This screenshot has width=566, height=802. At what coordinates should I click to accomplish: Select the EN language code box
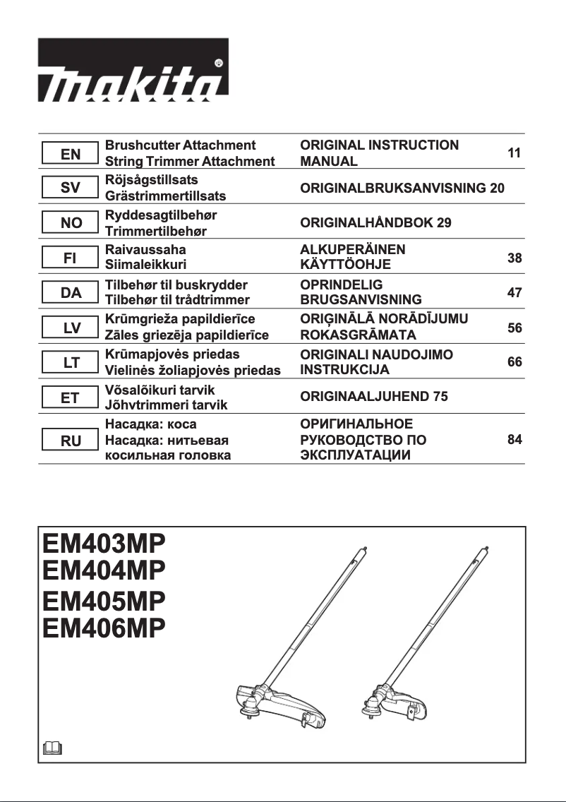pos(70,153)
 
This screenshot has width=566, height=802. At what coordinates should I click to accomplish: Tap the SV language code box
pos(70,188)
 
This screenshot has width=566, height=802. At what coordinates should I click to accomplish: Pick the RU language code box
pos(70,441)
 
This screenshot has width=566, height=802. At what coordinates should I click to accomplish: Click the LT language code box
pos(70,363)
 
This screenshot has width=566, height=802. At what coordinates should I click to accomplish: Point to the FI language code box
pos(70,258)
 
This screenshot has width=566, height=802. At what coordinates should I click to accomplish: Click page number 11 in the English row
pos(514,153)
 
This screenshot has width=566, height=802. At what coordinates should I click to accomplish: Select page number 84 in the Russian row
pos(514,440)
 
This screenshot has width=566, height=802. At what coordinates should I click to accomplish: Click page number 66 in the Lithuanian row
pos(514,362)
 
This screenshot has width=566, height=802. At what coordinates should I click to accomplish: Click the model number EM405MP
pos(104,601)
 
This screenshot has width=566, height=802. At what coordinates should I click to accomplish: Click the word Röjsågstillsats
pos(151,180)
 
